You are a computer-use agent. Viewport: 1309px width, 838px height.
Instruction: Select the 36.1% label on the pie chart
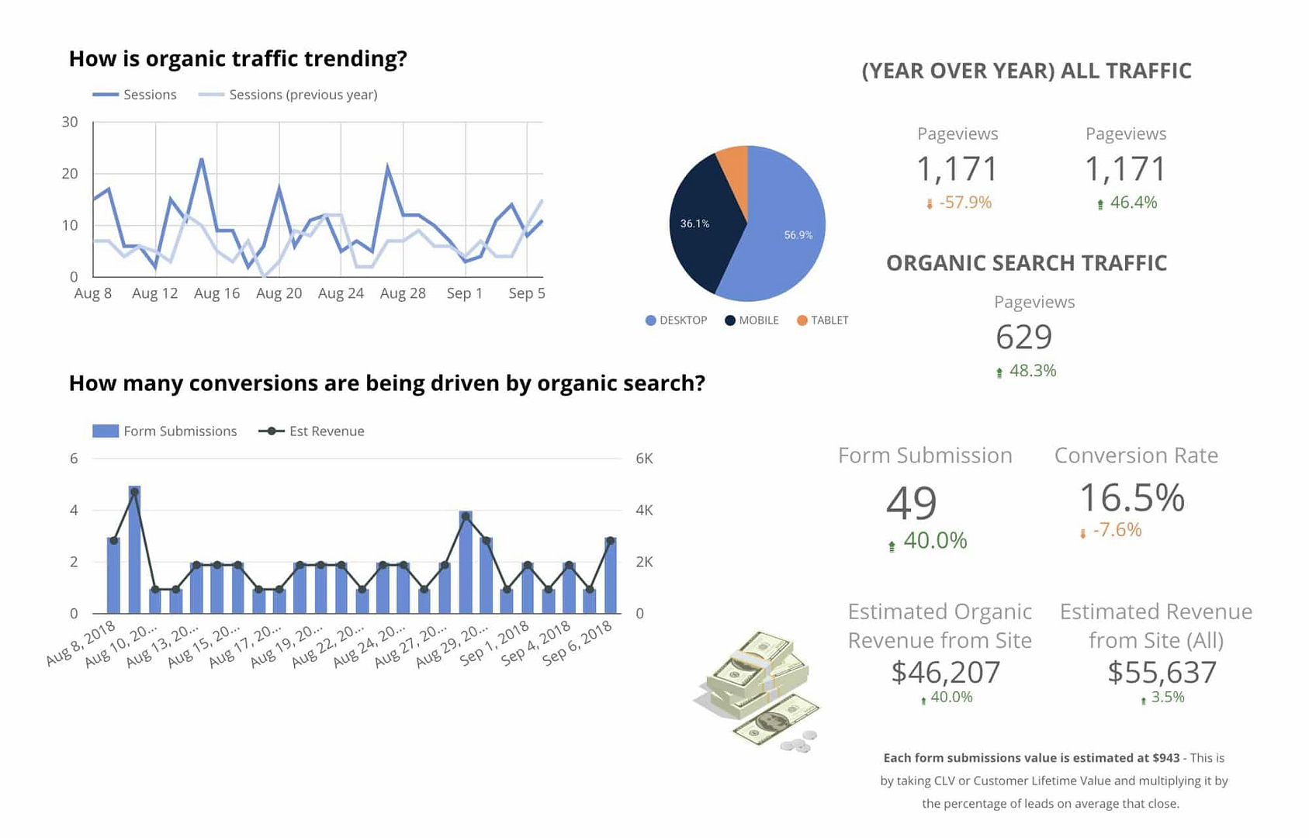(x=694, y=223)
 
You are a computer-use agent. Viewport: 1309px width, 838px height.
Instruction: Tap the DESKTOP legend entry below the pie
(x=676, y=320)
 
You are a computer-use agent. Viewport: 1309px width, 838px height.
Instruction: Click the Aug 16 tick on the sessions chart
(x=216, y=293)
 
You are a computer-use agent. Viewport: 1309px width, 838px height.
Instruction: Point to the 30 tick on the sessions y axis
(x=70, y=122)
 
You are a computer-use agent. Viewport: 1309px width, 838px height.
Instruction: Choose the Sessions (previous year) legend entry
(x=289, y=95)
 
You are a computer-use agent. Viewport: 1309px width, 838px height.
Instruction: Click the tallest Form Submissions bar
(x=134, y=549)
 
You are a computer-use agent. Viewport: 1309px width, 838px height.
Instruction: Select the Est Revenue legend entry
(x=312, y=431)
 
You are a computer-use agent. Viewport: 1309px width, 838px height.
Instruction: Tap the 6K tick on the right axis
(x=644, y=459)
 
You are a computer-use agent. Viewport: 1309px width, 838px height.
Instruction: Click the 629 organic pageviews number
(x=1023, y=337)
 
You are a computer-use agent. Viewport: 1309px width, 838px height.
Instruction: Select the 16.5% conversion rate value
(x=1131, y=497)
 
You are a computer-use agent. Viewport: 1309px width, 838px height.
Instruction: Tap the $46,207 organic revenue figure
(x=945, y=672)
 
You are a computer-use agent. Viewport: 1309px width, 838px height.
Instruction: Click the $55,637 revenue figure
(x=1162, y=672)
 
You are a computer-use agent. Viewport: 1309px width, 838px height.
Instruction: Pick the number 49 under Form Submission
(x=911, y=503)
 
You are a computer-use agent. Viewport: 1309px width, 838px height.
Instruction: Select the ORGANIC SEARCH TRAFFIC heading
(x=1026, y=263)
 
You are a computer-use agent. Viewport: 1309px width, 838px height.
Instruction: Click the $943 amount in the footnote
(x=1165, y=758)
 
